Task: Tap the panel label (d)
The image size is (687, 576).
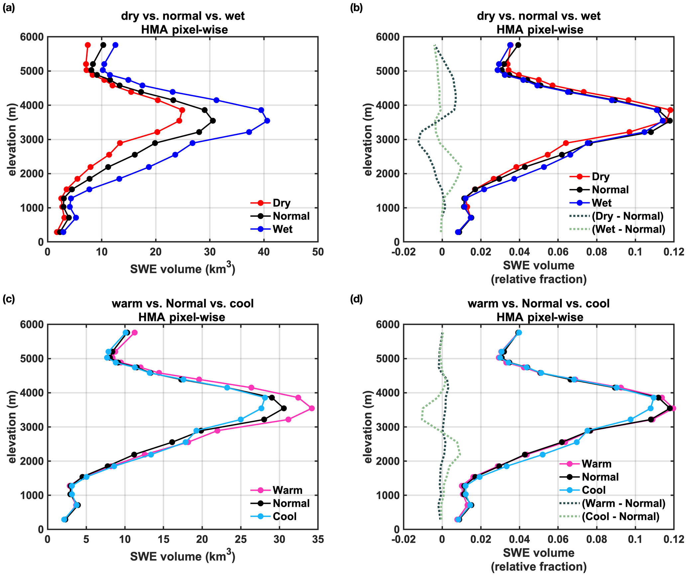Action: click(357, 299)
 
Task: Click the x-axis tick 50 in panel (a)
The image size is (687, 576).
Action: click(318, 252)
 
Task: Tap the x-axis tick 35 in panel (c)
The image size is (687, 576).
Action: click(318, 539)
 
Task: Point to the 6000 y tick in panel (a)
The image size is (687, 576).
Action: click(32, 37)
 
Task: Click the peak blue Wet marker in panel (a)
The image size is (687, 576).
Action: click(267, 121)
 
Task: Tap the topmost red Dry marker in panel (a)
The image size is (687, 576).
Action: click(88, 45)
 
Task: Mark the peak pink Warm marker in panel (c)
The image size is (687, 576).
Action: click(311, 408)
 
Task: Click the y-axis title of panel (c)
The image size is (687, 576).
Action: click(12, 427)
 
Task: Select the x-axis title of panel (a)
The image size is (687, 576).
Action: click(182, 269)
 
